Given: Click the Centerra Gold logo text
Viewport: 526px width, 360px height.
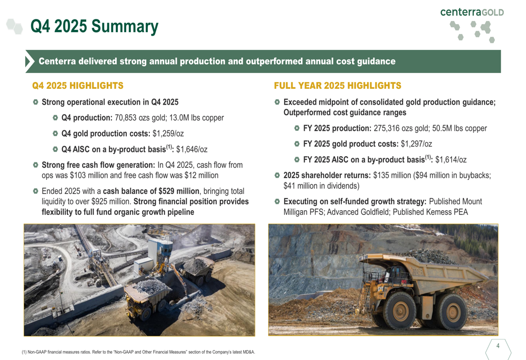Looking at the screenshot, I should point(472,12).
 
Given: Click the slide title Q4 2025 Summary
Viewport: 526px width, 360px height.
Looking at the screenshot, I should point(94,26).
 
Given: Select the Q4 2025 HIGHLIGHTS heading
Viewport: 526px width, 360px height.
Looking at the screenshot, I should point(78,85).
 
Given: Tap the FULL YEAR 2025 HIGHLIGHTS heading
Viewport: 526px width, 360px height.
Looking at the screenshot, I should point(337,85).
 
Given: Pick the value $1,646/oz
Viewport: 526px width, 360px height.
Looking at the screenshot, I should point(191,149).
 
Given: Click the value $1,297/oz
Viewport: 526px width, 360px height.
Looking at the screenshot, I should point(417,144).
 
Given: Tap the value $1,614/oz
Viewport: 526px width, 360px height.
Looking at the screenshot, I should point(451,160).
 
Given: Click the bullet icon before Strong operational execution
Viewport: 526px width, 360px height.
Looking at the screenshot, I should point(35,102).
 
